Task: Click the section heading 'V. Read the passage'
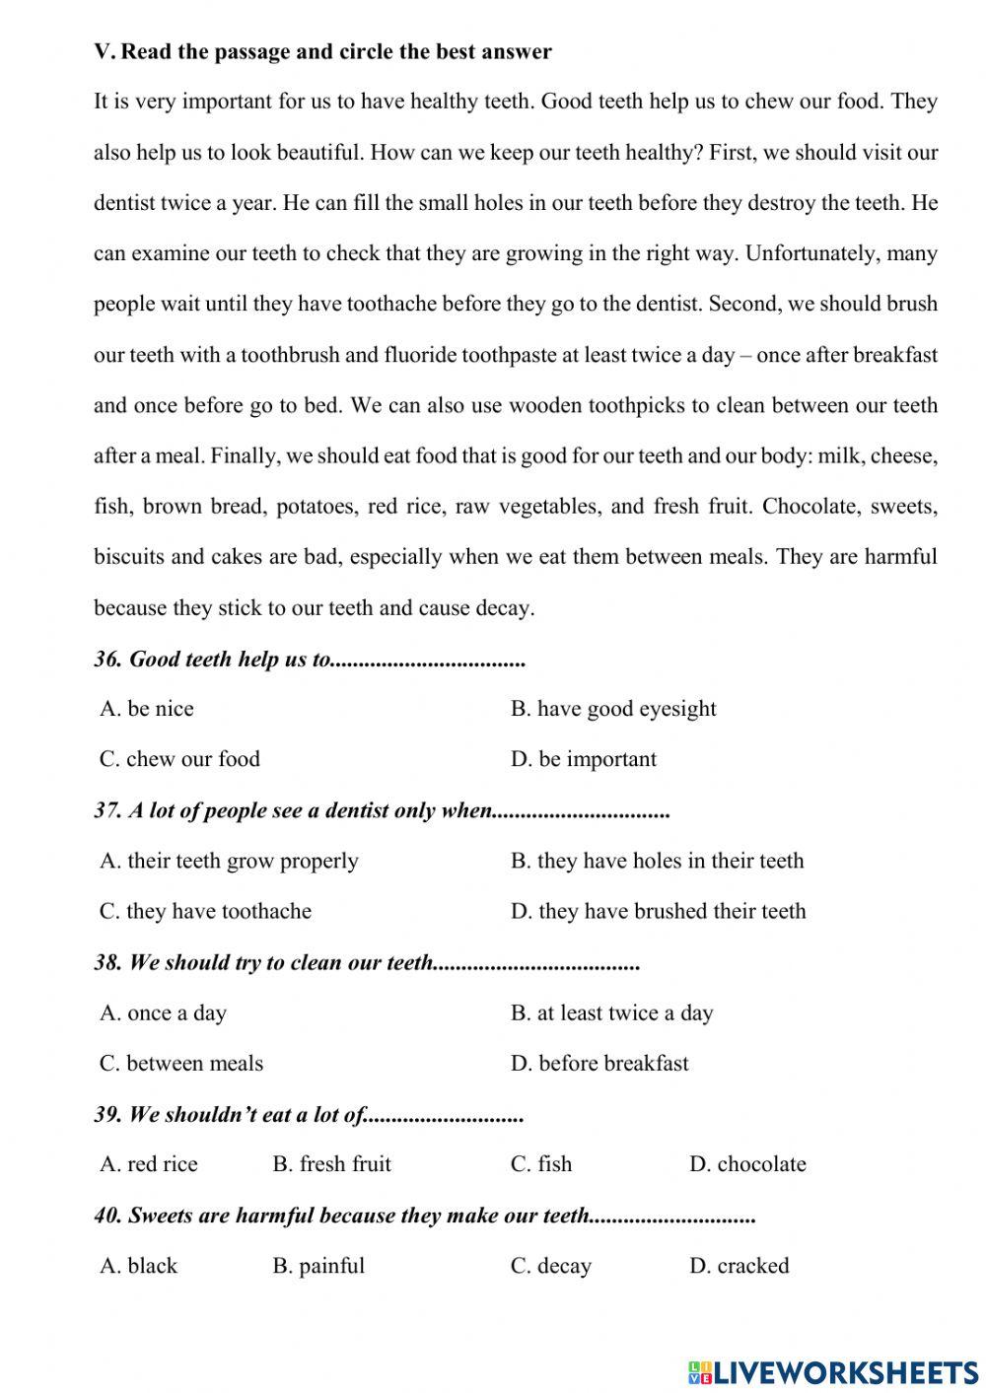(322, 51)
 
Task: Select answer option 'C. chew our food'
(179, 759)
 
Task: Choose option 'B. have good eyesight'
(612, 709)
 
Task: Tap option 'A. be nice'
(147, 709)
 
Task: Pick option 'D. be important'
(583, 759)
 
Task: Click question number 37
(107, 810)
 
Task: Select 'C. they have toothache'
(205, 911)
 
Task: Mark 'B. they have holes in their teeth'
(657, 861)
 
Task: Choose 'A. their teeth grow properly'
(229, 861)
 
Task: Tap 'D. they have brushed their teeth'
(658, 911)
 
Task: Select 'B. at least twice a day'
(611, 1012)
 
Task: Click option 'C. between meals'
(181, 1063)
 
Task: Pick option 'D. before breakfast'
(599, 1063)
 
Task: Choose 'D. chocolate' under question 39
(747, 1164)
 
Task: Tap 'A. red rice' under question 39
(148, 1164)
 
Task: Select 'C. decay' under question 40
(550, 1266)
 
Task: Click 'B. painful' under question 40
(318, 1266)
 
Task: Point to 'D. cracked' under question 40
(739, 1266)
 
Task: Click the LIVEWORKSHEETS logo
(833, 1371)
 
